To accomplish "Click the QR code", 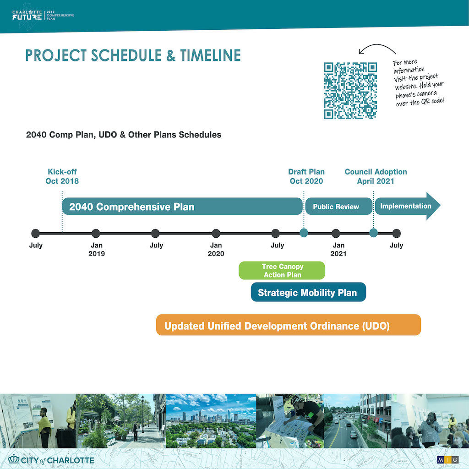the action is (350, 91).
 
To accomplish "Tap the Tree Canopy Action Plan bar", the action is (282, 270).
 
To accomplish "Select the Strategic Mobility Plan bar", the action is (308, 292).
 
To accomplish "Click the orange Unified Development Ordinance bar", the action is (289, 325).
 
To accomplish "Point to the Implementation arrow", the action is (407, 206).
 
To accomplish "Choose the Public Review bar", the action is (338, 207).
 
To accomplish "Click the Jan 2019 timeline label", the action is (97, 250).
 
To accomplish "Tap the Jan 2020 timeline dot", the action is (216, 233).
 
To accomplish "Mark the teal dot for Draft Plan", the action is (304, 233).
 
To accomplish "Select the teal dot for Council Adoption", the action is (374, 233).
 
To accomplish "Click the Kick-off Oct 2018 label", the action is (62, 176).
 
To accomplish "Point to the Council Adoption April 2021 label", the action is (376, 176).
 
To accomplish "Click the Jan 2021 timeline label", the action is (338, 250).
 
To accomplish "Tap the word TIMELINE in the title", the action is (210, 55).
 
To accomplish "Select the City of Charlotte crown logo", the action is (14, 459).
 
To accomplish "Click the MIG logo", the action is (448, 459).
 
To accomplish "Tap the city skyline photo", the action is (211, 421).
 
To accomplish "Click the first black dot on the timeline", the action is (36, 233).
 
